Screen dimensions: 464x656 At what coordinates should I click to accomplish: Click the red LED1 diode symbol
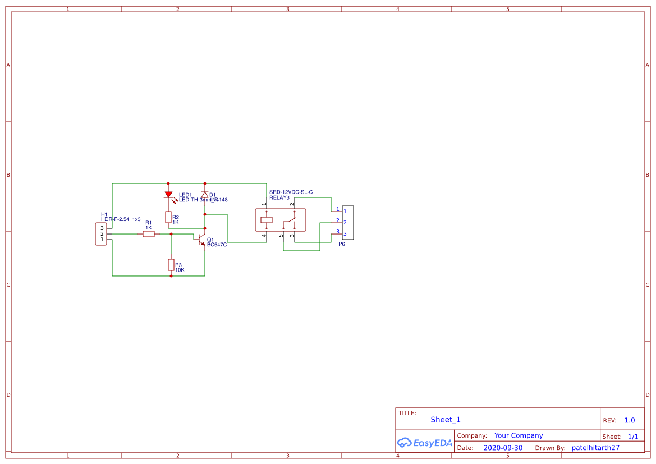pos(168,195)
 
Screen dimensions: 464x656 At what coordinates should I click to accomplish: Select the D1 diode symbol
pos(205,195)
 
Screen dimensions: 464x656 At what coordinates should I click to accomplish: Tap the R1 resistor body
pos(149,234)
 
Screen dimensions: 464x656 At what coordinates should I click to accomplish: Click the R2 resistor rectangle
pos(168,217)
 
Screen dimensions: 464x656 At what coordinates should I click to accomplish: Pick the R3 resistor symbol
pos(171,265)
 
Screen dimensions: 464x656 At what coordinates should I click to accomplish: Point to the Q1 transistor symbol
pos(201,240)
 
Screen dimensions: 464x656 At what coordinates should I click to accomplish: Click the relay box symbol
pos(281,220)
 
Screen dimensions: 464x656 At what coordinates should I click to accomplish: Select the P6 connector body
pos(348,222)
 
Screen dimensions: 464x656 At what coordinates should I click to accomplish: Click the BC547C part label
pos(217,245)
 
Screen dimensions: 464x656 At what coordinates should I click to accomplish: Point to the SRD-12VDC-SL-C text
pos(291,192)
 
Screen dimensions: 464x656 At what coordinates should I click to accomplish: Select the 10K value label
pos(180,270)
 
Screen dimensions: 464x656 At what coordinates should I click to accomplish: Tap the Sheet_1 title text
pos(446,420)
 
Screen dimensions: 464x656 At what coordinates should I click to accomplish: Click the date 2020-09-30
pos(503,448)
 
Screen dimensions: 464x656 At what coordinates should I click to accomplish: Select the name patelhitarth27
pos(595,448)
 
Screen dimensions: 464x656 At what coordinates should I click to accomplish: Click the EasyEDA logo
pos(425,443)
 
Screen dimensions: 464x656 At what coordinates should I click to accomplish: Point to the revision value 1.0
pos(630,420)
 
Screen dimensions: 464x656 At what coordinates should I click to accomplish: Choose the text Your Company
pos(519,435)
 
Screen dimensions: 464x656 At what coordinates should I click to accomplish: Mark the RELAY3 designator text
pos(279,197)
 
